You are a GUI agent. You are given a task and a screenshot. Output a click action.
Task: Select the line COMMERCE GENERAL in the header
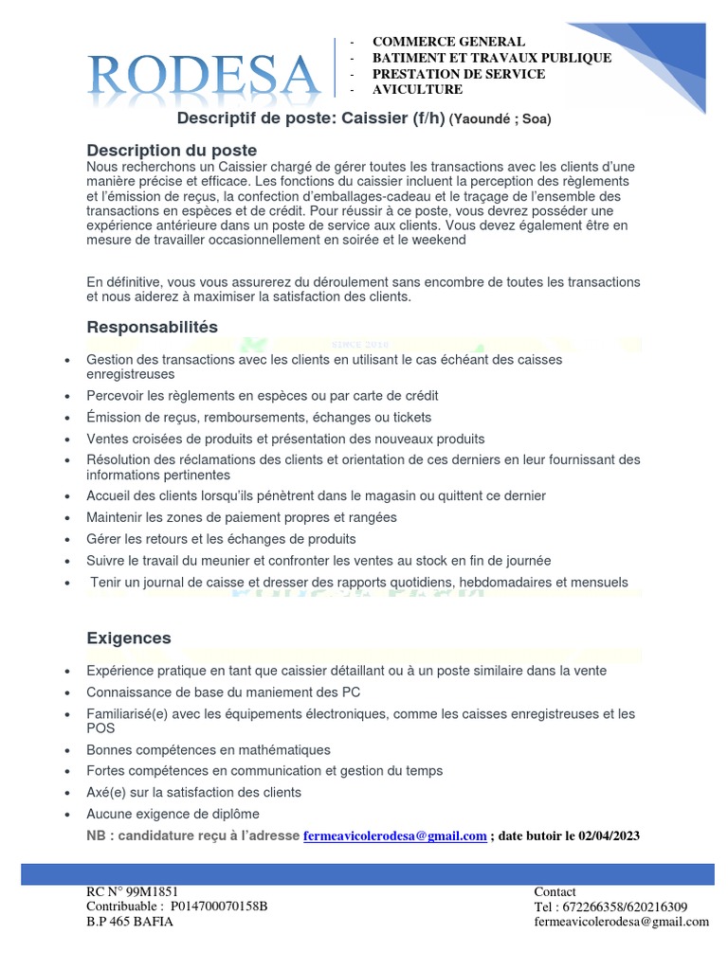[447, 42]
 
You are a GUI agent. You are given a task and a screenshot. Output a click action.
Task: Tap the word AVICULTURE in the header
[417, 89]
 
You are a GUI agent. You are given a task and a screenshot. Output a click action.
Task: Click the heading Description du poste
[172, 151]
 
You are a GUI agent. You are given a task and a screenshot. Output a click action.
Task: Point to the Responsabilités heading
[152, 327]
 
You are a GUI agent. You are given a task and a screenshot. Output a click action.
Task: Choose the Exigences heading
[129, 638]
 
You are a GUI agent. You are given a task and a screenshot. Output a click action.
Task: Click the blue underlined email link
[395, 835]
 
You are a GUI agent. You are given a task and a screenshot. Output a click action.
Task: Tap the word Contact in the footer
[555, 891]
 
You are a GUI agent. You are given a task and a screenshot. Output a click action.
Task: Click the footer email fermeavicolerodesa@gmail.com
[621, 922]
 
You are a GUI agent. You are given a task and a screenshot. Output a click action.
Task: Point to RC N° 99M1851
[132, 891]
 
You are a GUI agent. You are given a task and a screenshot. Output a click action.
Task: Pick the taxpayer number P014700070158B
[219, 907]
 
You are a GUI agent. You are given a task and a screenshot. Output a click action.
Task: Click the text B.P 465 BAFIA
[130, 922]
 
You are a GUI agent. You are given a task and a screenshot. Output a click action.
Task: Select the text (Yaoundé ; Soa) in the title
[500, 119]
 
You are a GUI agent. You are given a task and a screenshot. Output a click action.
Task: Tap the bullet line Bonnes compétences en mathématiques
[209, 749]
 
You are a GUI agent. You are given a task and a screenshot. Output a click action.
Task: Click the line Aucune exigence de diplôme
[173, 814]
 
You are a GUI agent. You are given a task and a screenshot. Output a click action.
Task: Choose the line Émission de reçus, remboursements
[259, 417]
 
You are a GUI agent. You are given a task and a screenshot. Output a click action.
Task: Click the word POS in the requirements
[100, 727]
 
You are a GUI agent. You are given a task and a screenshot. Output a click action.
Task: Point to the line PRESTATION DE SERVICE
[458, 74]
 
